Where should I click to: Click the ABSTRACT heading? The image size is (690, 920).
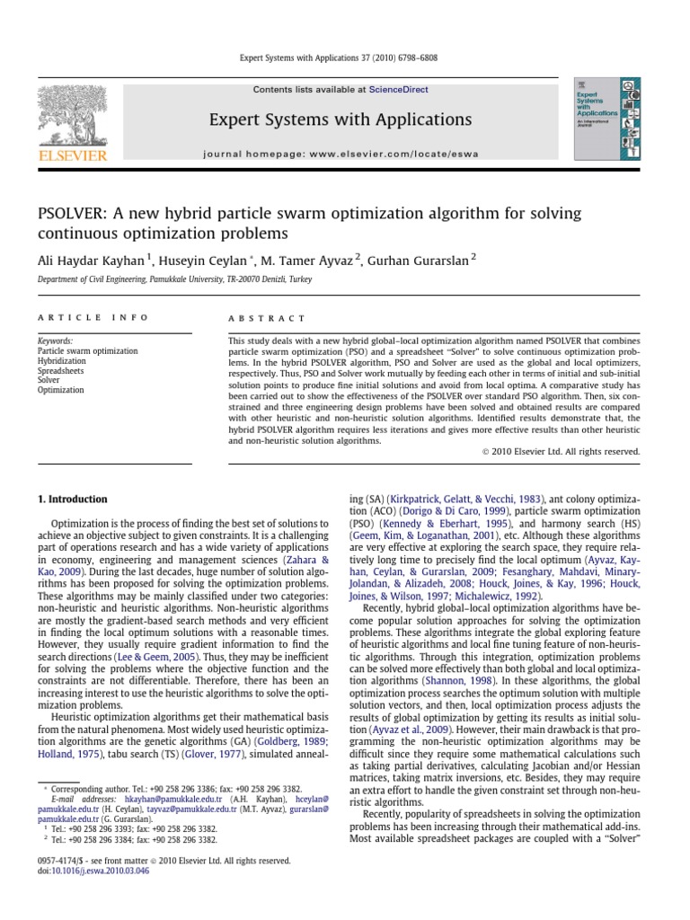(x=267, y=319)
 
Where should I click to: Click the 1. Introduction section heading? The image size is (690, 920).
(x=72, y=499)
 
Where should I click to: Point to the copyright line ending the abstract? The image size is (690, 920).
(x=561, y=452)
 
